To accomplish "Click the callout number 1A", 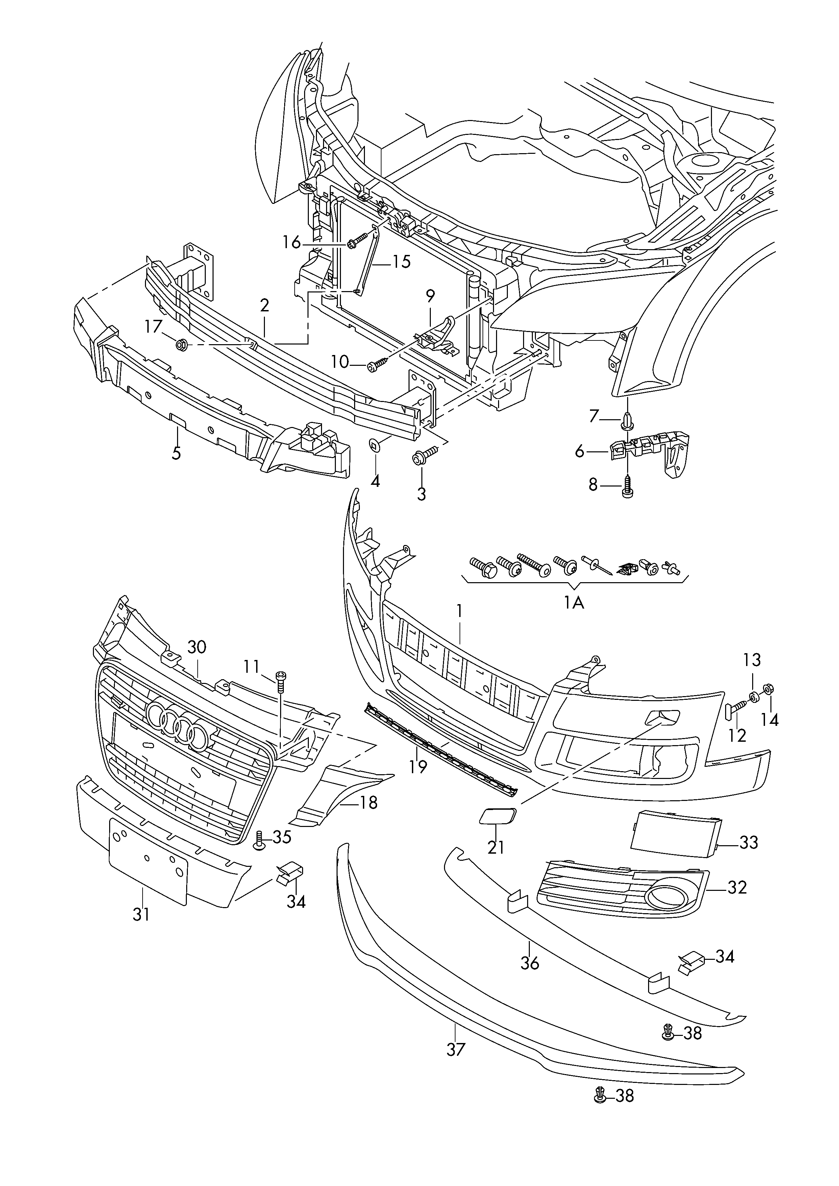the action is click(574, 602).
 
